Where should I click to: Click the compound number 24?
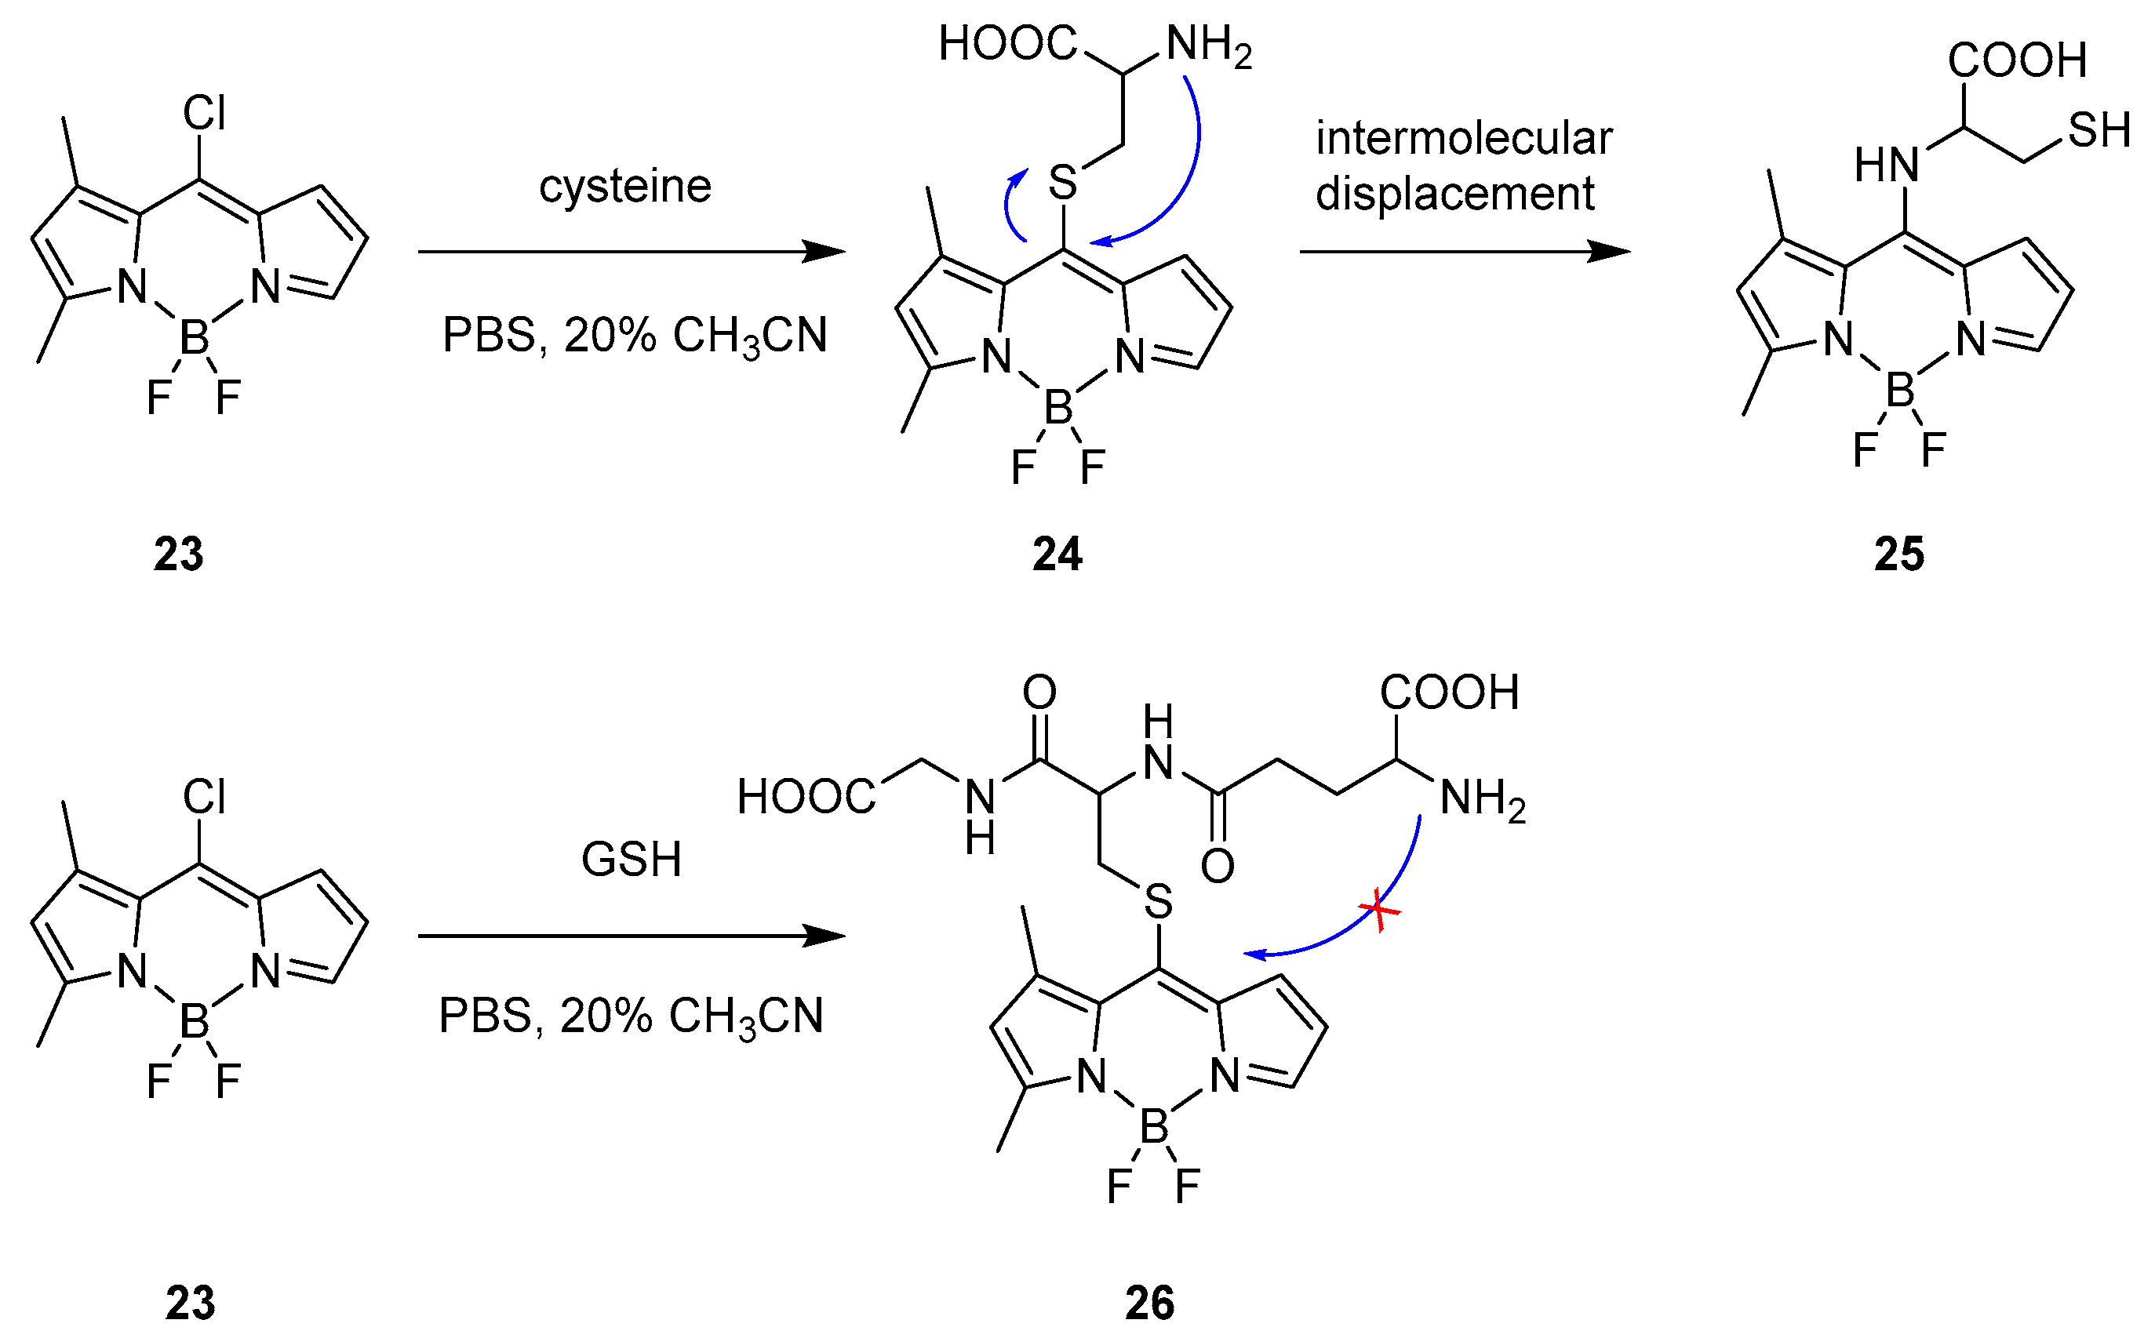click(x=1057, y=554)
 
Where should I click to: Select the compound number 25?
click(x=1899, y=554)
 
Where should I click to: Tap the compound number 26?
click(x=1149, y=1303)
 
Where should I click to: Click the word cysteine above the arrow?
click(x=624, y=186)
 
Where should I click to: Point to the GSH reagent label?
click(x=631, y=860)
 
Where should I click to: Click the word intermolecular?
click(x=1464, y=139)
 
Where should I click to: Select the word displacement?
click(x=1454, y=194)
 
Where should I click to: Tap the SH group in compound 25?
click(x=2098, y=131)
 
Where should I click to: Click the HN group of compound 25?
click(x=1887, y=165)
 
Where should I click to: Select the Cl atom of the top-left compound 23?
click(x=205, y=113)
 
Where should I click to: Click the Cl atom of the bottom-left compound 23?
click(x=205, y=796)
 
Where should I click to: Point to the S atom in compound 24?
click(x=1063, y=184)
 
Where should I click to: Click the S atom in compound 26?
click(x=1158, y=903)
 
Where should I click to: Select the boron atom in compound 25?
click(x=1900, y=391)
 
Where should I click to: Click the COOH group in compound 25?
click(x=2017, y=60)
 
